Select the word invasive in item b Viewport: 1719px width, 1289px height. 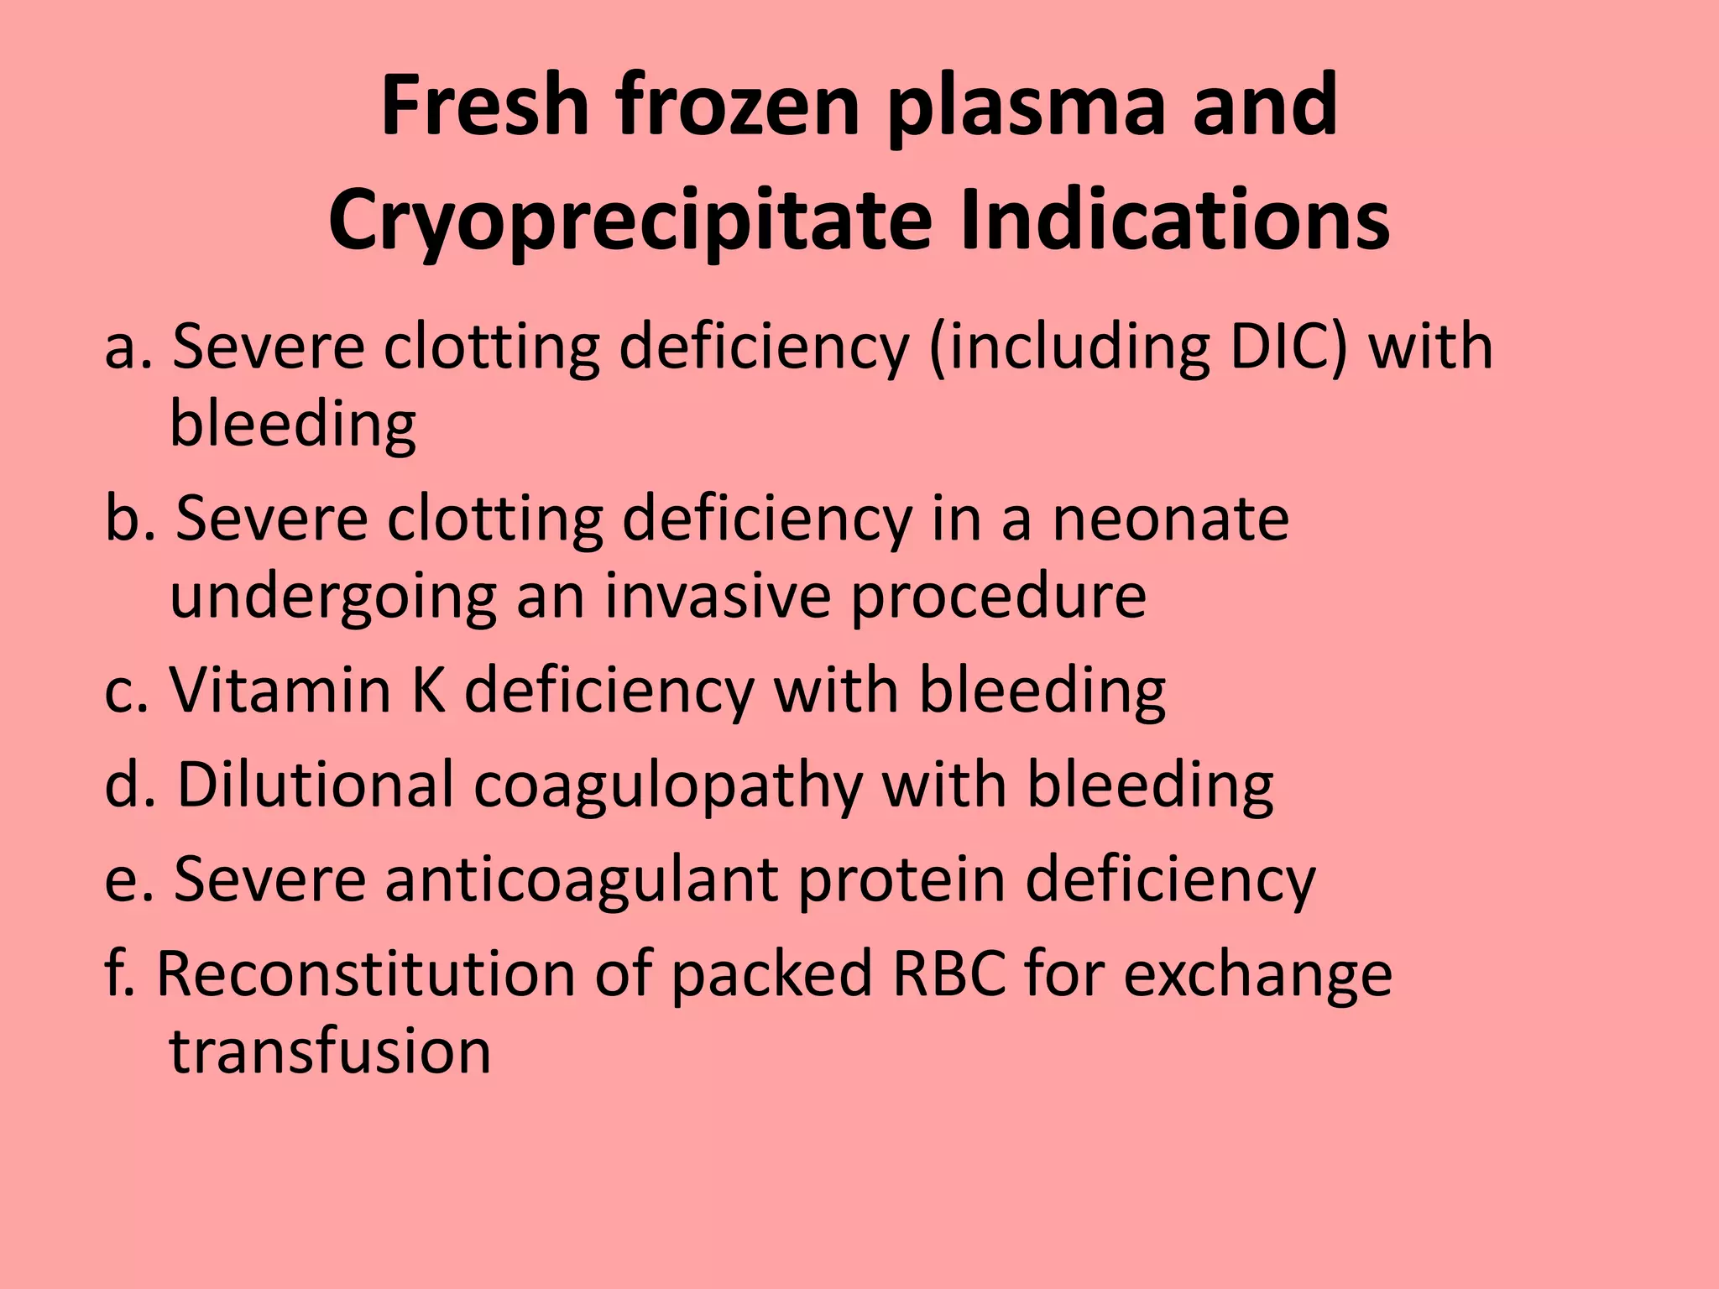coord(718,596)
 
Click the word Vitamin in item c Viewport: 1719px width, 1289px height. coord(280,691)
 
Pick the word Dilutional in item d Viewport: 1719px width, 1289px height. coord(316,785)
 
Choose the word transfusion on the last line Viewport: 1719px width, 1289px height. coord(331,1051)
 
